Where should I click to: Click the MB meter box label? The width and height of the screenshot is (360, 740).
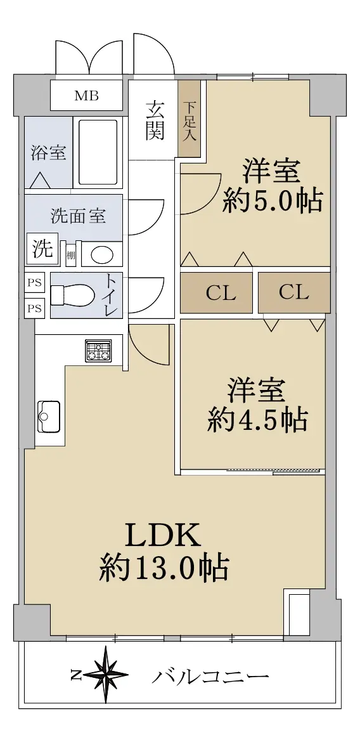87,96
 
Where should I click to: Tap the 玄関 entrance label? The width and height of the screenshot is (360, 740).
154,121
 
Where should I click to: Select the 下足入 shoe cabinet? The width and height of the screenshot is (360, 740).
190,119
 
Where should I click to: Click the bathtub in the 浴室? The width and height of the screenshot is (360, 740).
98,152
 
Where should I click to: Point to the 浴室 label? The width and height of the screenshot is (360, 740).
49,152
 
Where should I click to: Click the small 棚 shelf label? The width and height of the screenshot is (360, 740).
70,256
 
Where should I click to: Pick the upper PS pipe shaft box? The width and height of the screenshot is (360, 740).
34,283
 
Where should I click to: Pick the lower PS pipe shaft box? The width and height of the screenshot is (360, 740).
34,308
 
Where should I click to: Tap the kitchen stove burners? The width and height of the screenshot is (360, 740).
98,351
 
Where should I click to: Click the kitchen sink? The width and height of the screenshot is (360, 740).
49,417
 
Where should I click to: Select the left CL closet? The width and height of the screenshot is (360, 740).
217,292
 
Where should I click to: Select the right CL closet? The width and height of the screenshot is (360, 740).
293,292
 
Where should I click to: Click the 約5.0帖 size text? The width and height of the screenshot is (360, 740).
273,200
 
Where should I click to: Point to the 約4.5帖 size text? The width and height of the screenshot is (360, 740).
257,419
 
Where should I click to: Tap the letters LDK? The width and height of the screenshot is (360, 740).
163,536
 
